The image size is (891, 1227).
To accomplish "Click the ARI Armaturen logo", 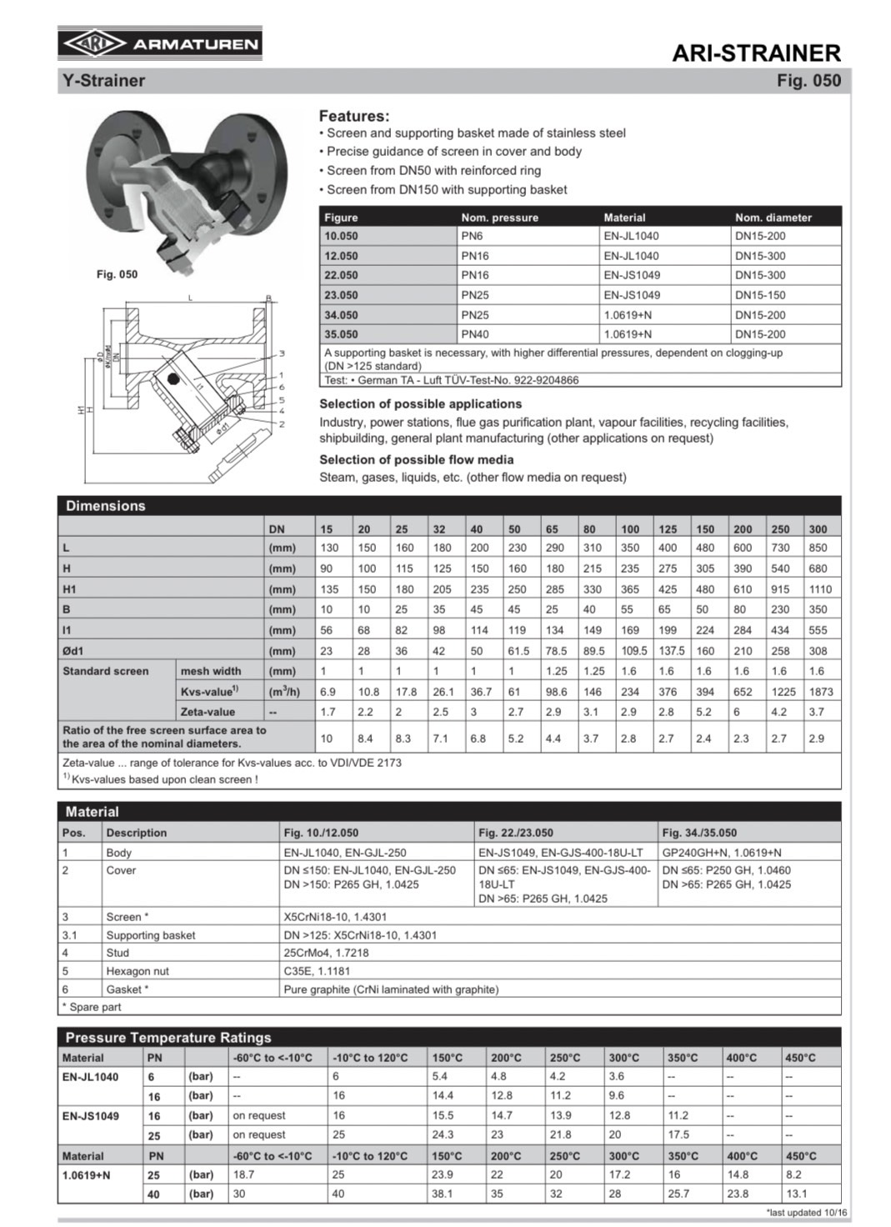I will coord(159,43).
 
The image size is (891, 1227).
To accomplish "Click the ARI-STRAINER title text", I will coord(756,53).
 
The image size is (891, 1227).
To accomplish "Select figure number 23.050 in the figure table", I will coord(341,295).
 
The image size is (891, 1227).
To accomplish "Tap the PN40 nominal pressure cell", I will coord(475,334).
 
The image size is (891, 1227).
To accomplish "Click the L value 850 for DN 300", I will coord(818,548).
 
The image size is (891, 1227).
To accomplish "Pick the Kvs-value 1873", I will coord(820,692).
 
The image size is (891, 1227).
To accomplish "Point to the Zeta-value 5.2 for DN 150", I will coord(704,712).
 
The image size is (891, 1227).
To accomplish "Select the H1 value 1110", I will coord(819,589).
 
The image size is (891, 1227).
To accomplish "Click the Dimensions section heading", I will coord(106,506).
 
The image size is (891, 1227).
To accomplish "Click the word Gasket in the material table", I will coord(124,989).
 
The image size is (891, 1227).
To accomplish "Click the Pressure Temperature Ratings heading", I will coord(168,1038).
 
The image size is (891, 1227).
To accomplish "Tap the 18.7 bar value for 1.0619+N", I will coord(243,1174).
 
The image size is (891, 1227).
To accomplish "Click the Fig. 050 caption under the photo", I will coord(117,274).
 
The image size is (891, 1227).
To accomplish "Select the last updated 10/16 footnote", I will coord(806,1213).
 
